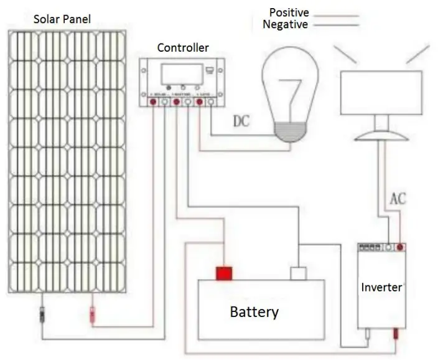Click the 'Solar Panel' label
62,19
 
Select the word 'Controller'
183,48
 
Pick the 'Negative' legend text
285,24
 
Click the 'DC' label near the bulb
241,121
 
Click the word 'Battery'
254,311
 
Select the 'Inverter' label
381,288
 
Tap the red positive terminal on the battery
223,273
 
